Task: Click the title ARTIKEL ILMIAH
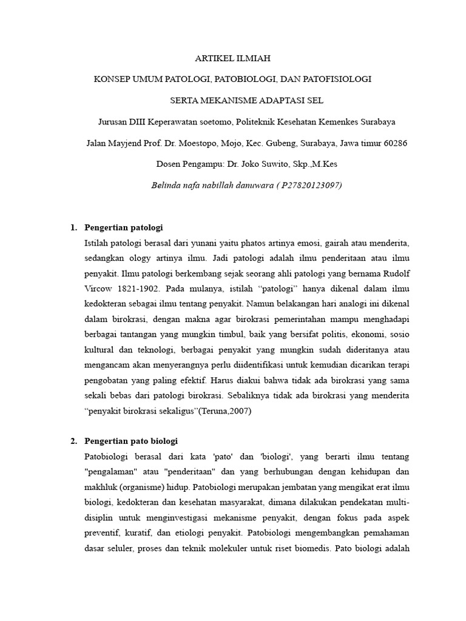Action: (x=232, y=59)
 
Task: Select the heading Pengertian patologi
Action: (x=125, y=227)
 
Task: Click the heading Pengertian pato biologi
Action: (x=132, y=440)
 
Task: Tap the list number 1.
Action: (x=73, y=227)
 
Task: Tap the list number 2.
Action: (x=73, y=440)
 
